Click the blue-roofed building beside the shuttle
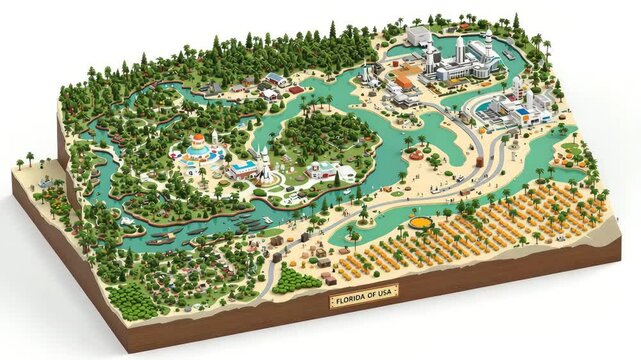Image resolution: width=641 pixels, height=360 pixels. [x=242, y=169]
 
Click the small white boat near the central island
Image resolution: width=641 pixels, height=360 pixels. [x=348, y=189]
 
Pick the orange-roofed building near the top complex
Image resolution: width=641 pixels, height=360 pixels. [x=403, y=80]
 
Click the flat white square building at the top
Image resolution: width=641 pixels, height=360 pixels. [x=419, y=35]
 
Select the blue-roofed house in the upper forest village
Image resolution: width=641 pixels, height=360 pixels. [x=273, y=80]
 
